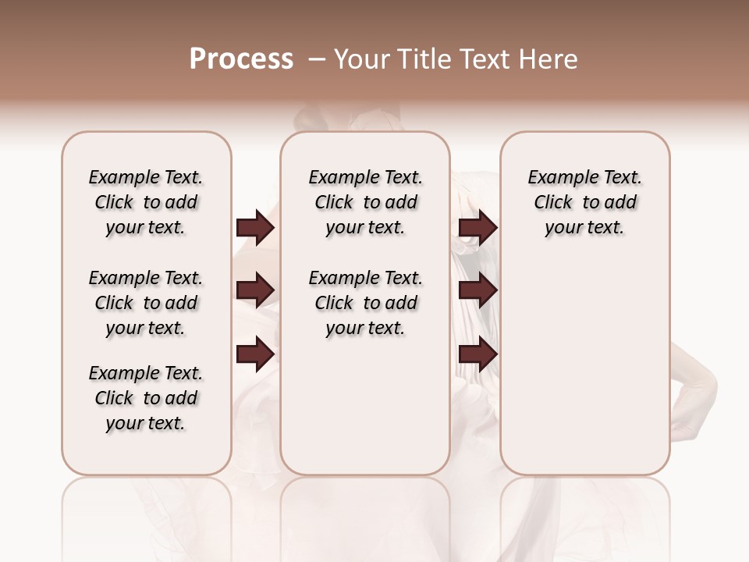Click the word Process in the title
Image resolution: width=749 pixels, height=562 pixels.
point(241,59)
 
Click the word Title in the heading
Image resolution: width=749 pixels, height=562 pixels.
point(419,59)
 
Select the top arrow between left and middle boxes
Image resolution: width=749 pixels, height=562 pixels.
point(255,227)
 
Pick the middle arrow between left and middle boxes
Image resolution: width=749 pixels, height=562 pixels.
point(255,290)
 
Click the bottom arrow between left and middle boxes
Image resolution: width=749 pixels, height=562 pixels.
point(255,354)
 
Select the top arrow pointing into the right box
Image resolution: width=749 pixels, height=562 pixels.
point(478,227)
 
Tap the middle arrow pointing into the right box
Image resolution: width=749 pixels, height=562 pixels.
point(478,290)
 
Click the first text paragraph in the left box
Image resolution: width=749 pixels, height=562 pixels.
point(146,202)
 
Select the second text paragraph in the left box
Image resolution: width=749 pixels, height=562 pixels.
point(146,303)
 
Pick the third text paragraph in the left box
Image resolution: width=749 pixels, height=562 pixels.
point(146,398)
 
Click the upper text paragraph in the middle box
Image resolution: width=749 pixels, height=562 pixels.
point(365,202)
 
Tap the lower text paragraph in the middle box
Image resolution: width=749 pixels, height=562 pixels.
point(365,303)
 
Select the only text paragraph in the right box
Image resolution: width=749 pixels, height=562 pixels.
point(584,202)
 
